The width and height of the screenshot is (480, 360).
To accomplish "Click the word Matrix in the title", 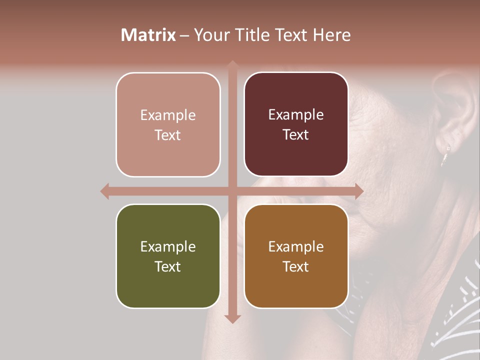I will point(148,35).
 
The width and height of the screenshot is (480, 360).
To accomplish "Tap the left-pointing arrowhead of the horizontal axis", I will point(105,191).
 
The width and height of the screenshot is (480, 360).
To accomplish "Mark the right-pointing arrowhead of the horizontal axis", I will point(358,191).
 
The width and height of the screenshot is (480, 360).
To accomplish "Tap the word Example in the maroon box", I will point(296,115).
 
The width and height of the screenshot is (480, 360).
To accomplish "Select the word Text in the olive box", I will point(168,266).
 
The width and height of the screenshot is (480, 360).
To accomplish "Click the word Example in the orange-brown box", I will point(296,246).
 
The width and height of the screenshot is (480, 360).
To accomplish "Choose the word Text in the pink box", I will point(168,135).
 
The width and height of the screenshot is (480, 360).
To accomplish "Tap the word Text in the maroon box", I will point(296,135).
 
